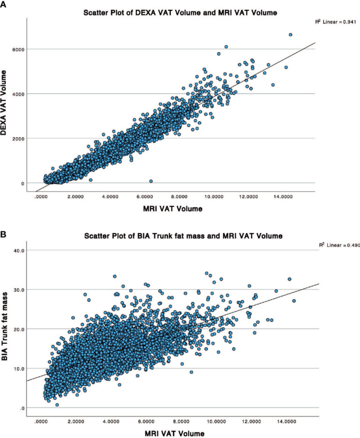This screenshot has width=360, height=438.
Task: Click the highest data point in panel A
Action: (x=290, y=35)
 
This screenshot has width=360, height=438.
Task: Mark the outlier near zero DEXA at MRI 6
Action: (x=150, y=181)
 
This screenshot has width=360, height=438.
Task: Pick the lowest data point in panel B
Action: (x=57, y=405)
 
